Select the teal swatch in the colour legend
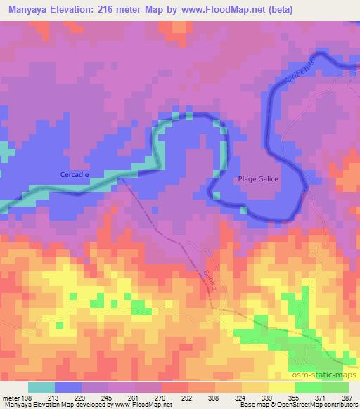(x=41, y=387)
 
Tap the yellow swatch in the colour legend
(x=281, y=387)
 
